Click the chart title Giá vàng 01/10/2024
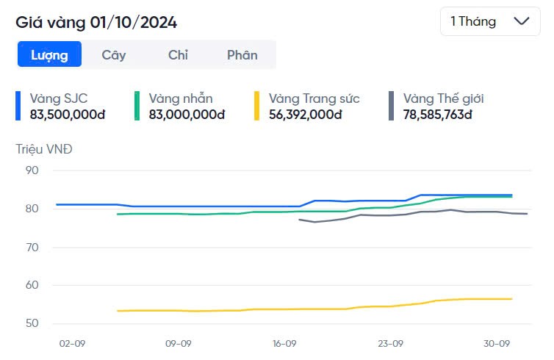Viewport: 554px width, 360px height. [x=96, y=22]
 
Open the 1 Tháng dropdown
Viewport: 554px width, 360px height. [x=489, y=21]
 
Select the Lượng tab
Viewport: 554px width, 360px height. [x=49, y=54]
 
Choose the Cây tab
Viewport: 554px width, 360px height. [x=114, y=54]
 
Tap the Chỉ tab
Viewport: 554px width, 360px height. [x=178, y=54]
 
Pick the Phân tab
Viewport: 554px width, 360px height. [x=242, y=54]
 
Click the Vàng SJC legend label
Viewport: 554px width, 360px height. [x=59, y=98]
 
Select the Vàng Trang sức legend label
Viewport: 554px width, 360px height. [x=314, y=98]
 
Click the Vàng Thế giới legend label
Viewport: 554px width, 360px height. [x=443, y=98]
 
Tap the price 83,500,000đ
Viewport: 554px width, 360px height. [x=68, y=115]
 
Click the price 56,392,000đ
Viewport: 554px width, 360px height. [x=306, y=115]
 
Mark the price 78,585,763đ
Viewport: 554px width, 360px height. [x=437, y=115]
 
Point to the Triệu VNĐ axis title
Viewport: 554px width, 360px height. [x=44, y=149]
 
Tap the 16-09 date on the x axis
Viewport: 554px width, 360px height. [x=284, y=343]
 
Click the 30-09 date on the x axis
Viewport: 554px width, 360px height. [x=497, y=343]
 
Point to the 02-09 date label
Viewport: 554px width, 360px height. [x=72, y=343]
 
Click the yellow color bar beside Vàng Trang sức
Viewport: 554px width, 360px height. [x=256, y=106]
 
